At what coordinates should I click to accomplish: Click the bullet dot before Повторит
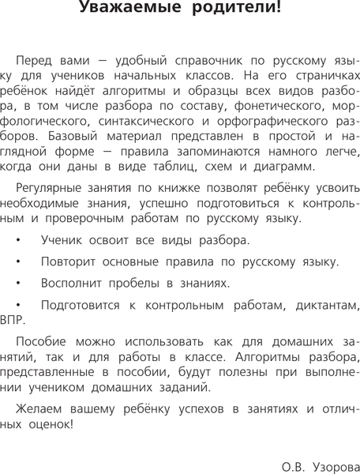coord(19,261)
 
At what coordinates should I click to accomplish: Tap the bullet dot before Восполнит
coord(19,283)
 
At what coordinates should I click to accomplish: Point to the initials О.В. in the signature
coord(293,468)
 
